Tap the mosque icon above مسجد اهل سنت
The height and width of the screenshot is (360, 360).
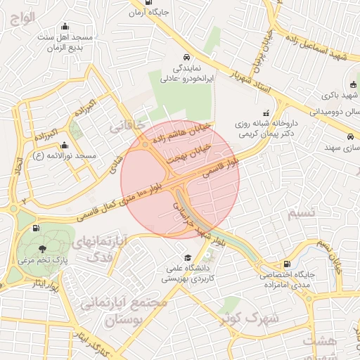[66, 26]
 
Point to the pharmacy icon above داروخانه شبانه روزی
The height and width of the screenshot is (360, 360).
[266, 113]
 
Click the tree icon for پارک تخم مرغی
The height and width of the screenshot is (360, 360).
[44, 248]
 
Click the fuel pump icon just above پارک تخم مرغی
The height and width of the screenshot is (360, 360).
[36, 228]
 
